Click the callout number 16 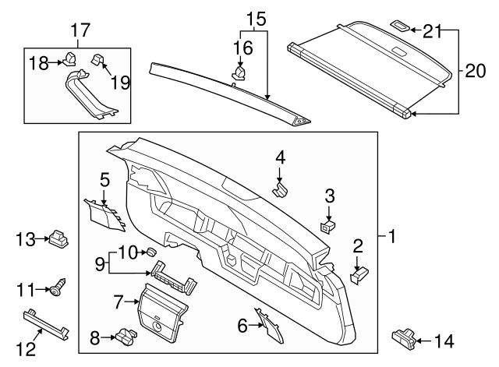(242, 48)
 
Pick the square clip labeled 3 (328, 224)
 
